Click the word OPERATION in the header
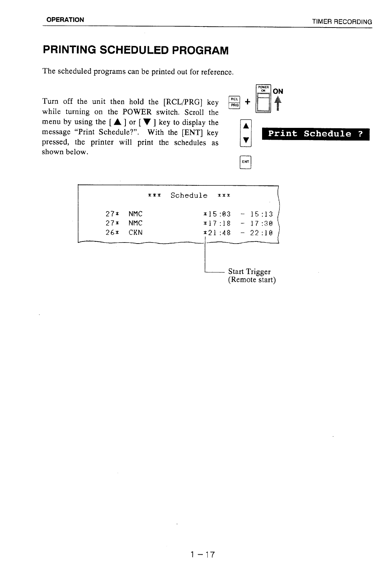pyautogui.click(x=65, y=20)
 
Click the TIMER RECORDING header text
pyautogui.click(x=342, y=22)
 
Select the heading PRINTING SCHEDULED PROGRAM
pyautogui.click(x=136, y=51)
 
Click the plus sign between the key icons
pyautogui.click(x=247, y=102)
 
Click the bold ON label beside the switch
pyautogui.click(x=278, y=91)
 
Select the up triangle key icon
pyautogui.click(x=246, y=126)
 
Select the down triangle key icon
pyautogui.click(x=246, y=140)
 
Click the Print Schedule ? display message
pyautogui.click(x=315, y=134)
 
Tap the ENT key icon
pyautogui.click(x=246, y=162)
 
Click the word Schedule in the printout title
pyautogui.click(x=189, y=195)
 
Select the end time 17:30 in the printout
pyautogui.click(x=261, y=223)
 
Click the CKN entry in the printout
pyautogui.click(x=136, y=232)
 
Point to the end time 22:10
pyautogui.click(x=261, y=232)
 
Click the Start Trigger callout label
pyautogui.click(x=249, y=272)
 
